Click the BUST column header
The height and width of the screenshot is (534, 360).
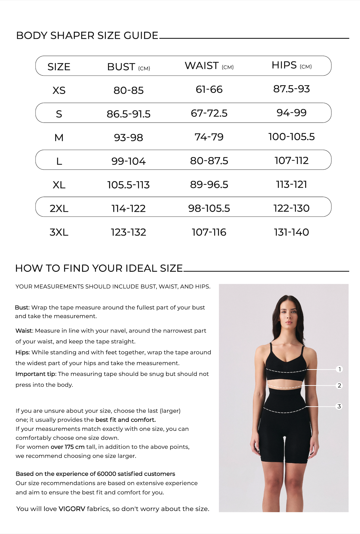point(121,67)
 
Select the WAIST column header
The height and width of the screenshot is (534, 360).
point(202,66)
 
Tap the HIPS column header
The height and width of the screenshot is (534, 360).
point(284,65)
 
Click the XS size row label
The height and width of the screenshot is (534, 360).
point(59,90)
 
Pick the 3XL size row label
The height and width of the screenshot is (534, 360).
point(59,232)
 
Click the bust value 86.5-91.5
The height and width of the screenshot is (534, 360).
point(129,114)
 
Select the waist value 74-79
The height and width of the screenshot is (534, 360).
point(209,137)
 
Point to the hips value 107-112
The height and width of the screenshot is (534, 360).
point(291,161)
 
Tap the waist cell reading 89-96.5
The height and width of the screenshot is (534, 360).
point(209,185)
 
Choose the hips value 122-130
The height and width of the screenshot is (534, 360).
point(291,209)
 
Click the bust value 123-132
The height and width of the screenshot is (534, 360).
point(129,232)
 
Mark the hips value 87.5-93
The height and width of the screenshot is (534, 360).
point(291,89)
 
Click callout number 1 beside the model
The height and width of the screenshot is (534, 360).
point(340,369)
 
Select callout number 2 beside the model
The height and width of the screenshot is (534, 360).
point(340,386)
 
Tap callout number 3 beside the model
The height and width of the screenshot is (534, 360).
point(339,406)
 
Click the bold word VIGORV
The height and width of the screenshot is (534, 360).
point(72,509)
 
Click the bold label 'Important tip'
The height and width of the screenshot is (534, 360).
point(36,374)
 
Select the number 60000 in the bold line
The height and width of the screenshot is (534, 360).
point(106,474)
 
